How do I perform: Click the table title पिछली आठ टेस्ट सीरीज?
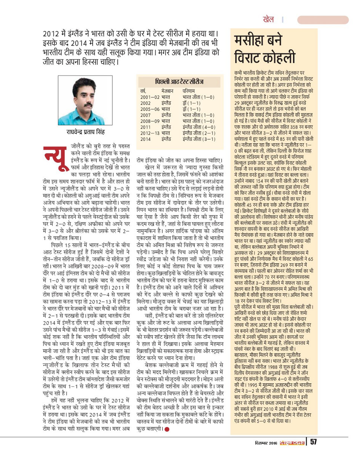click(179, 82)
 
